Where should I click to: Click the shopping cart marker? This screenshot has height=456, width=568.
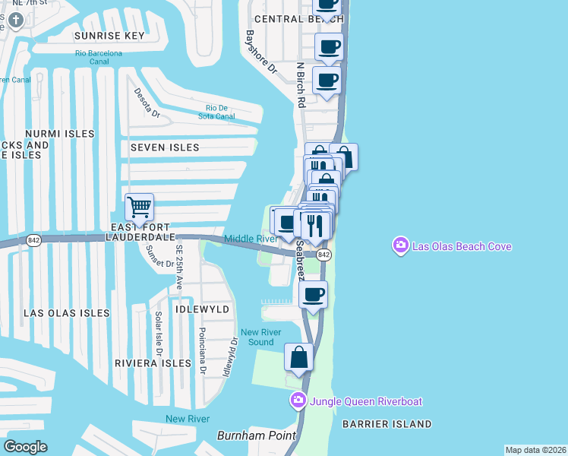tap(139, 207)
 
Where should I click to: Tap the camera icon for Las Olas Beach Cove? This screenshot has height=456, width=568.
tap(400, 245)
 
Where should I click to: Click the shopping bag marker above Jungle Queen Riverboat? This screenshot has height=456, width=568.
tap(299, 357)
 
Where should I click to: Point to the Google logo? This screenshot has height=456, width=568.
tap(25, 446)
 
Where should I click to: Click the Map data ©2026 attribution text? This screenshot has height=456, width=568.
tap(535, 450)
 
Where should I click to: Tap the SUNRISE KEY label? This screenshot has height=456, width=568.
tap(109, 36)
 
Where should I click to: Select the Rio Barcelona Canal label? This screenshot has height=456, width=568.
tap(99, 58)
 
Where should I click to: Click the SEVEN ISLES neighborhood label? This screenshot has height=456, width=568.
tap(165, 147)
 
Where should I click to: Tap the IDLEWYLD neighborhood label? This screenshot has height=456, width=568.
tap(202, 309)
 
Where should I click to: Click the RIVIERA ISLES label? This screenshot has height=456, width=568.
tap(153, 363)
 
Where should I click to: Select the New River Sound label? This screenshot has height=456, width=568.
tap(260, 337)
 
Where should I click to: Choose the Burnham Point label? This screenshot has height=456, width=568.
tap(245, 435)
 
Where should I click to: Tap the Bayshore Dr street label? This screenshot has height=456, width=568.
tap(260, 52)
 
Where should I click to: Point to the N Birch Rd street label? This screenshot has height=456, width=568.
tap(301, 84)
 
